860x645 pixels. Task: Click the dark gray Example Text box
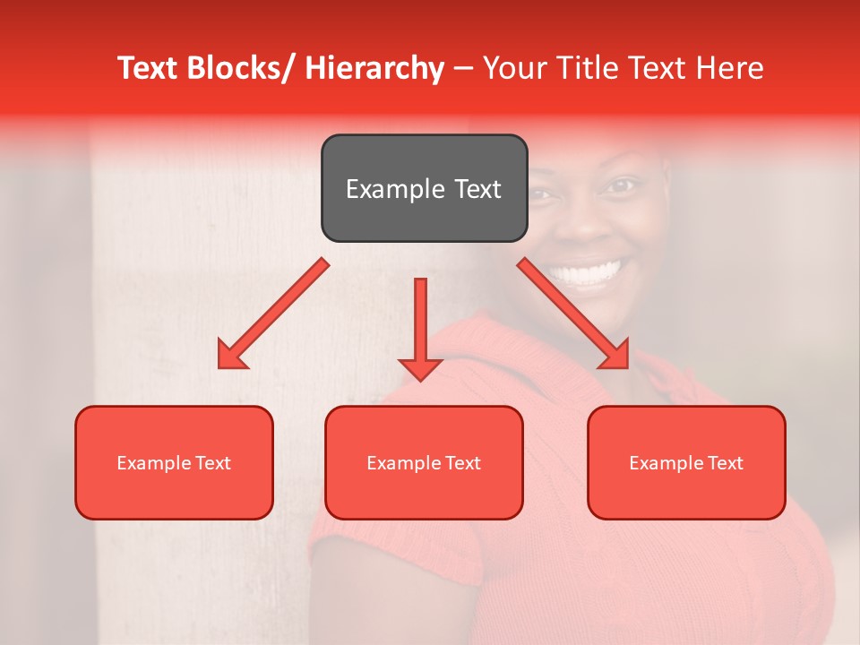[424, 188]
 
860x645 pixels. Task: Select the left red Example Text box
[174, 462]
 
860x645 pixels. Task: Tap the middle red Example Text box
[424, 462]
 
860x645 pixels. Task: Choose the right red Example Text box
[686, 462]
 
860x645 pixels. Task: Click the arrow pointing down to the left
[273, 314]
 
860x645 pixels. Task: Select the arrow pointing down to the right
[573, 314]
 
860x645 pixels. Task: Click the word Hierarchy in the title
[374, 69]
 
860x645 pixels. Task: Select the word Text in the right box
[725, 463]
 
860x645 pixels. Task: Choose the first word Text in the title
[148, 69]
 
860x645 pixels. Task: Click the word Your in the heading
[515, 69]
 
